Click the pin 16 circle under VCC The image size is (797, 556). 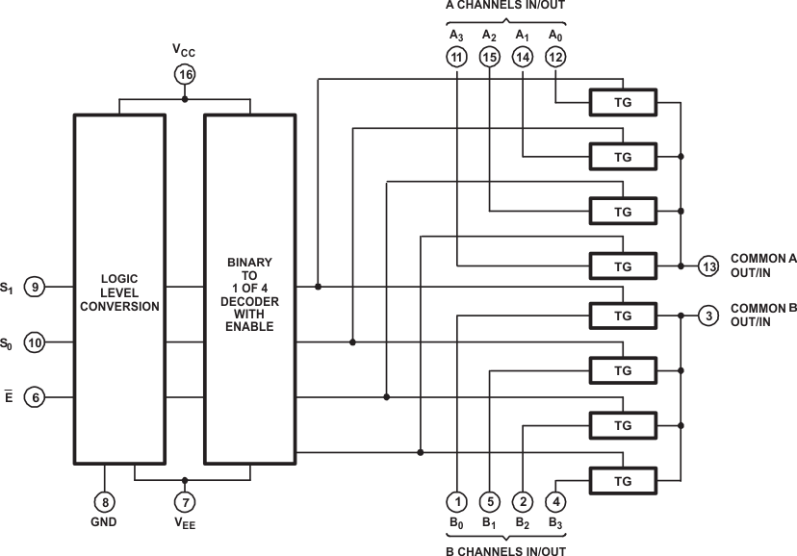185,74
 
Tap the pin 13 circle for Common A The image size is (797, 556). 709,266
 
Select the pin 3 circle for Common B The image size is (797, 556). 709,316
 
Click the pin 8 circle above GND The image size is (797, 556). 103,501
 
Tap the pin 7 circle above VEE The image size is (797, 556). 185,501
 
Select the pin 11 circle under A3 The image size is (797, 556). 456,58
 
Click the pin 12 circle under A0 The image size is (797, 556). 555,58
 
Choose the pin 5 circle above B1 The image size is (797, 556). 490,501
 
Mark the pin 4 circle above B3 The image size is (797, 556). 555,501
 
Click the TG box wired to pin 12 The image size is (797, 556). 622,102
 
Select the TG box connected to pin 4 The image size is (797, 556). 622,479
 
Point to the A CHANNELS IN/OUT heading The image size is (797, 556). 504,6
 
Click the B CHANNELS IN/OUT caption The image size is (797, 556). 505,550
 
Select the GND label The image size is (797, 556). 103,523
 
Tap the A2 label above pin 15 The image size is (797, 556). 489,36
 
